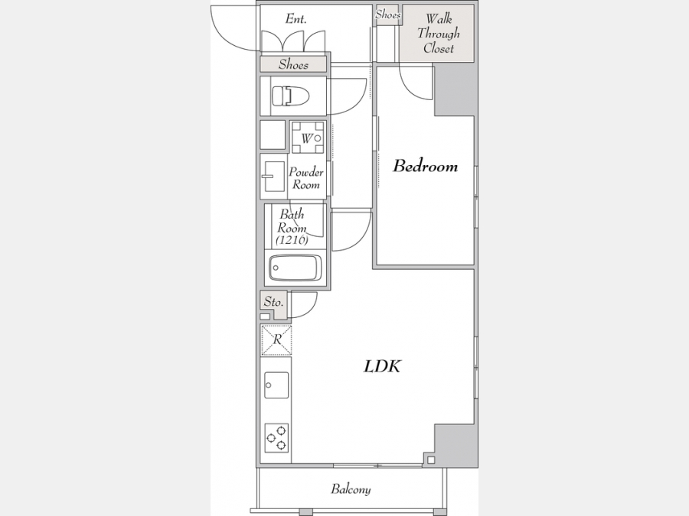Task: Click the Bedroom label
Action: pyautogui.click(x=425, y=166)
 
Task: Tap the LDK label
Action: pyautogui.click(x=382, y=366)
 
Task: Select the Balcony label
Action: pyautogui.click(x=351, y=489)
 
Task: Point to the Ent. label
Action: pyautogui.click(x=296, y=18)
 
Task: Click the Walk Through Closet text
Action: pyautogui.click(x=438, y=34)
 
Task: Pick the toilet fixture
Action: pyautogui.click(x=290, y=96)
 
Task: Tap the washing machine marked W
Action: pyautogui.click(x=309, y=137)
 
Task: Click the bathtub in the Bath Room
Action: pyautogui.click(x=296, y=268)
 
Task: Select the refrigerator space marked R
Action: pyautogui.click(x=276, y=339)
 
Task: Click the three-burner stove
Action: pyautogui.click(x=276, y=437)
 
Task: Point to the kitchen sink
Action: pyautogui.click(x=276, y=385)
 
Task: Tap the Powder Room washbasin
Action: pyautogui.click(x=273, y=177)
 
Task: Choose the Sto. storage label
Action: pyautogui.click(x=273, y=302)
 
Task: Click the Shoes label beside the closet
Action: pyautogui.click(x=387, y=15)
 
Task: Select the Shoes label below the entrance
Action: pyautogui.click(x=293, y=64)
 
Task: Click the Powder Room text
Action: pyautogui.click(x=306, y=178)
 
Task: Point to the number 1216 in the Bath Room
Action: pyautogui.click(x=292, y=240)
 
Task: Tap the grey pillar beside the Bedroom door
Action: pyautogui.click(x=454, y=91)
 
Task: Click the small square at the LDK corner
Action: pyautogui.click(x=431, y=460)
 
